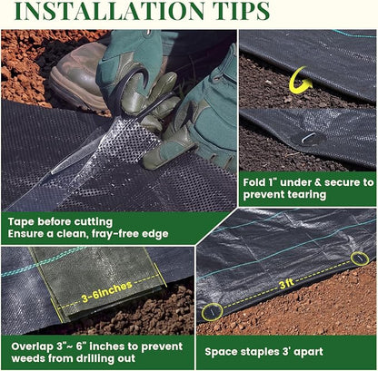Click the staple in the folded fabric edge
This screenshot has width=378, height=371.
click(308, 138)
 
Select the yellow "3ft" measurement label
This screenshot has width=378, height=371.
click(287, 283)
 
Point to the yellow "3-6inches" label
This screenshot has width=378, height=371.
click(107, 291)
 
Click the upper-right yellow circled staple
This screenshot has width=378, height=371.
click(360, 259)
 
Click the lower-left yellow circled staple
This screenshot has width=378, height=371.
click(212, 312)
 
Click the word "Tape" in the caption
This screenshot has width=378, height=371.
click(21, 222)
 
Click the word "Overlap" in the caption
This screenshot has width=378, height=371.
click(32, 347)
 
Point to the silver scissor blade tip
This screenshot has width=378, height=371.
click(52, 173)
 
